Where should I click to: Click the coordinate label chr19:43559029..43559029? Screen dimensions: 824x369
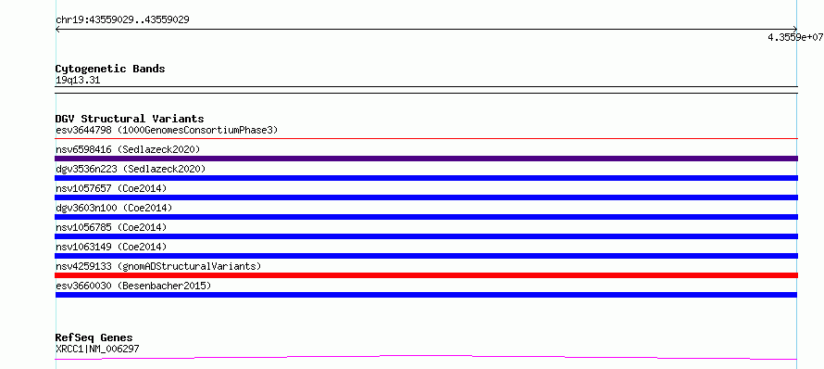[x=122, y=20]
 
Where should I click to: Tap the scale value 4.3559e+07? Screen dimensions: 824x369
[x=795, y=37]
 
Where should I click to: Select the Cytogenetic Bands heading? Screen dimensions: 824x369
[x=110, y=69]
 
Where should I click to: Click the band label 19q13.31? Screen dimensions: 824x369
[x=78, y=81]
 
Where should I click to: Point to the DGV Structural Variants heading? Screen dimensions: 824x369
[x=130, y=119]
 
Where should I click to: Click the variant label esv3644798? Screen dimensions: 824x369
[x=83, y=130]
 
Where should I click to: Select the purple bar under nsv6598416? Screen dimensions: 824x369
[x=426, y=159]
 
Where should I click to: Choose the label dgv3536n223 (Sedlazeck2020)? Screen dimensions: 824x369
[x=131, y=169]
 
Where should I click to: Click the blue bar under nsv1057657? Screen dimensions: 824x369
[x=426, y=197]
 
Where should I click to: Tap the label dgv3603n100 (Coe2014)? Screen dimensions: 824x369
[x=114, y=208]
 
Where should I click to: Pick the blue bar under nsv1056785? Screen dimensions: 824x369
[x=426, y=236]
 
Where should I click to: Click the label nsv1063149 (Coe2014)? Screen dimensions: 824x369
[x=111, y=247]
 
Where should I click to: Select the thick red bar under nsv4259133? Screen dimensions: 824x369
[x=426, y=275]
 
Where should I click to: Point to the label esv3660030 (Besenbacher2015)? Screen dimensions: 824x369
[x=133, y=286]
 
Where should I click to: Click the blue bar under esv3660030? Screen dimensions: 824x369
[x=426, y=295]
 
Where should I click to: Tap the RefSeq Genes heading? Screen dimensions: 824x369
[x=94, y=338]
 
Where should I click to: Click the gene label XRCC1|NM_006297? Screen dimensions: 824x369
[x=97, y=349]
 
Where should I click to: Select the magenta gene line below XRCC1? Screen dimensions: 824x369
[x=426, y=357]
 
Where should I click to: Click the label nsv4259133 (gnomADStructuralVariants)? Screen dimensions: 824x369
[x=158, y=266]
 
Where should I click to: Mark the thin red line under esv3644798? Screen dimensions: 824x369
[x=426, y=138]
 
